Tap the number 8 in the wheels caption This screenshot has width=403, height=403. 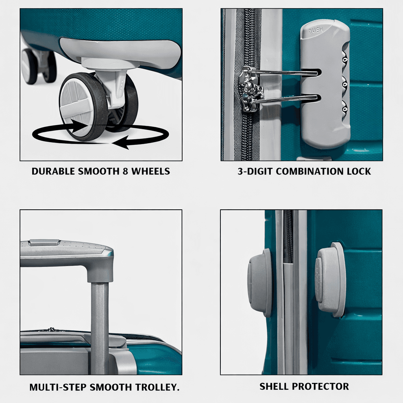pyautogui.click(x=126, y=172)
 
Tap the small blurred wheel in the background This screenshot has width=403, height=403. pyautogui.click(x=30, y=66)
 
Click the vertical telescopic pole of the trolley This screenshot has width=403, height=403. pyautogui.click(x=100, y=323)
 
